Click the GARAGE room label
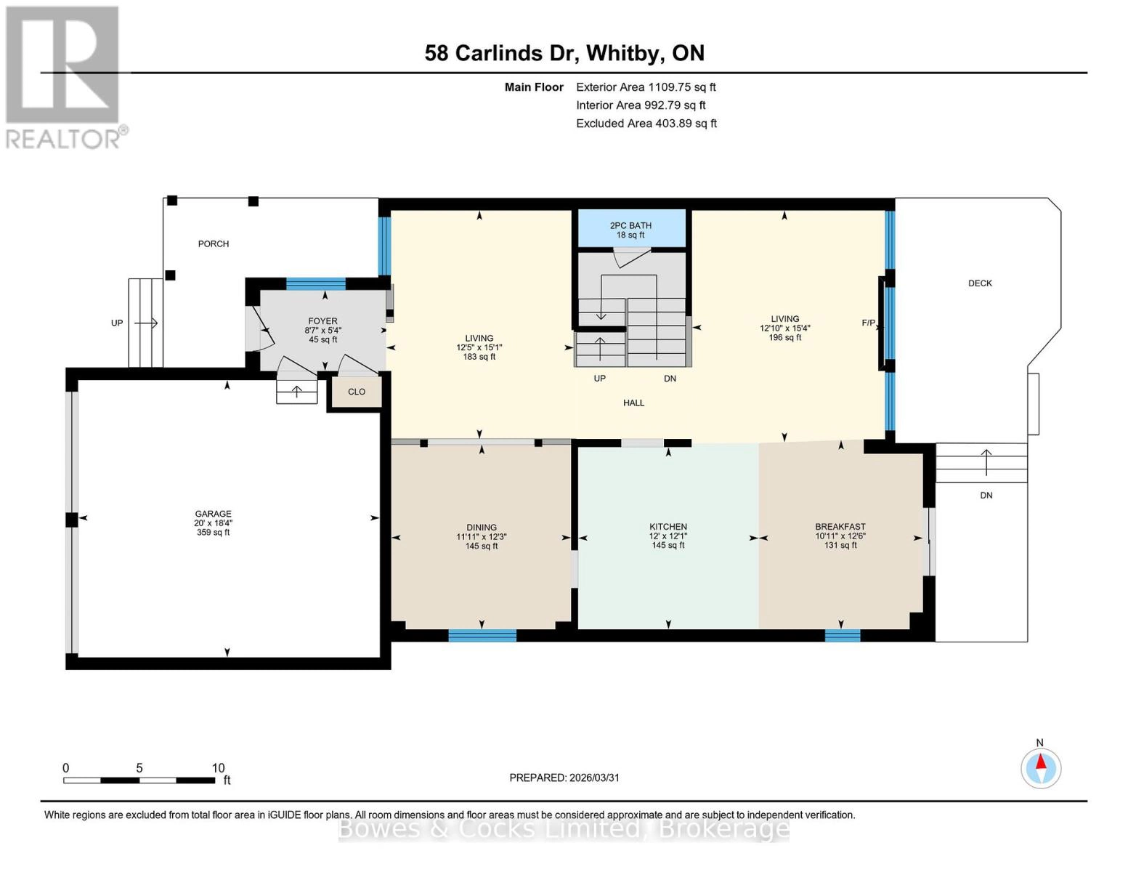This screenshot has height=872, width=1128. tap(213, 514)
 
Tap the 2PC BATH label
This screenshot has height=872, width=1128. tap(630, 226)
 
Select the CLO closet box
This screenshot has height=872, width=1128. tap(356, 392)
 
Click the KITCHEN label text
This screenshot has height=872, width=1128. tap(668, 527)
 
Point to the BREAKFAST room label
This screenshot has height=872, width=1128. tap(840, 527)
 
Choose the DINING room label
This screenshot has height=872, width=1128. tap(482, 528)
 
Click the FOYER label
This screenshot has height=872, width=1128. tap(322, 321)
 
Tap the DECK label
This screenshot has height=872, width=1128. tap(980, 283)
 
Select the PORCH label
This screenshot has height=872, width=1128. tap(214, 244)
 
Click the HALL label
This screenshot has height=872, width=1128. tap(633, 403)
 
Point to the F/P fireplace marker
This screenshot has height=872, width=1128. tap(869, 323)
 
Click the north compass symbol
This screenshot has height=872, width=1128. tap(1041, 767)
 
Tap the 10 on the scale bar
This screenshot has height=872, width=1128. tap(218, 768)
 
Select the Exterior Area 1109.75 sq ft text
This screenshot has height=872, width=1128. tap(646, 87)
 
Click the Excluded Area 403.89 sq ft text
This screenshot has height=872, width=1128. tap(646, 124)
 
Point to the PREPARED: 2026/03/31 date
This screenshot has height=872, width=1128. tap(564, 778)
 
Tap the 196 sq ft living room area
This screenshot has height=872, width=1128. tap(784, 337)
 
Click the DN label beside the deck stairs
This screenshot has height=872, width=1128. tap(986, 496)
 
